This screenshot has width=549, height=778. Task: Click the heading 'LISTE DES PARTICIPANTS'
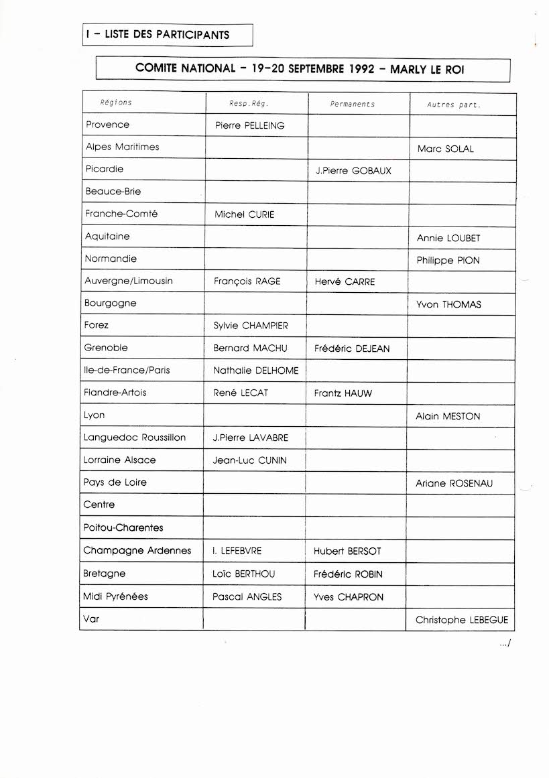coord(167,35)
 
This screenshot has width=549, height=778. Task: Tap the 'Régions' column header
coord(116,103)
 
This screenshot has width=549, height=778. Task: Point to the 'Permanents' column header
coord(353,104)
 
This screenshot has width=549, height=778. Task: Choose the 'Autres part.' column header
coord(454,105)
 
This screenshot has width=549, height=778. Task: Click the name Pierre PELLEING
coord(250,125)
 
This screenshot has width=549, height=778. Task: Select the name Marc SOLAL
coord(445,149)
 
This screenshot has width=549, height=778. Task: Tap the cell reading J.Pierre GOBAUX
coord(353,171)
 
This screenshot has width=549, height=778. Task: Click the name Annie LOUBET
coord(448,238)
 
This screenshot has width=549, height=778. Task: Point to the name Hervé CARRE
coord(345,281)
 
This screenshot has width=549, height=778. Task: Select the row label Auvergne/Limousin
coord(129,281)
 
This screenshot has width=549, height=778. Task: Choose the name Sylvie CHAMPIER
coord(251,326)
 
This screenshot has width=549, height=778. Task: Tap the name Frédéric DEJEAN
coord(352,348)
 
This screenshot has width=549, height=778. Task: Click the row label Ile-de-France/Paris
coord(127,370)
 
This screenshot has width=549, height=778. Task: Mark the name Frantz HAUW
coord(343,393)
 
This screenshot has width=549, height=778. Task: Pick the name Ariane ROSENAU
coord(454,483)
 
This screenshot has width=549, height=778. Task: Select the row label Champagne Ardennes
coord(137,550)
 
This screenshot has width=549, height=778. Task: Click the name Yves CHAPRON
coord(349,596)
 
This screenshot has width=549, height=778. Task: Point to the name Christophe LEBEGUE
coord(462,620)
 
